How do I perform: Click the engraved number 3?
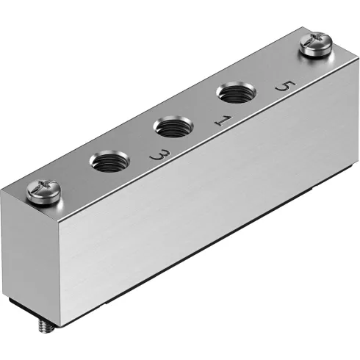156,154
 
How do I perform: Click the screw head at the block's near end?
40,191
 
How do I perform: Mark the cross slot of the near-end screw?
40,190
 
